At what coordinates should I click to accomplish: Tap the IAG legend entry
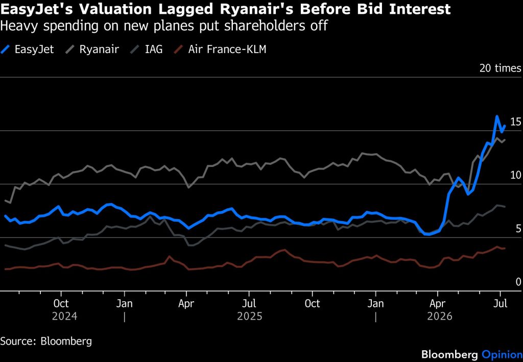point(147,50)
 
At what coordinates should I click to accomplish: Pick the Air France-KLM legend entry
point(221,50)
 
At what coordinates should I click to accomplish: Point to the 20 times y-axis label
point(501,68)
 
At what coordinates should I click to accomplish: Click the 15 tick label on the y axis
point(516,122)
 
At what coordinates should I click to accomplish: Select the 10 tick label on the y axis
point(516,175)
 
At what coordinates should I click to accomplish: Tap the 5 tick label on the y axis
point(518,228)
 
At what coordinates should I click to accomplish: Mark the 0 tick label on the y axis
point(518,282)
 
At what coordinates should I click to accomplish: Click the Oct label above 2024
point(61,303)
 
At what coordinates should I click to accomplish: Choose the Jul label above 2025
point(249,303)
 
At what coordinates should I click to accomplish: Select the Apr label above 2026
point(437,303)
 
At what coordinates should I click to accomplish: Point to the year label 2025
point(249,316)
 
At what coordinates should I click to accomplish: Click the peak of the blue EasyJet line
point(497,116)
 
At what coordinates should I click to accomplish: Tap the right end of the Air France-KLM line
point(505,248)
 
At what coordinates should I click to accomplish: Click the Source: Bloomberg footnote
point(46,342)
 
